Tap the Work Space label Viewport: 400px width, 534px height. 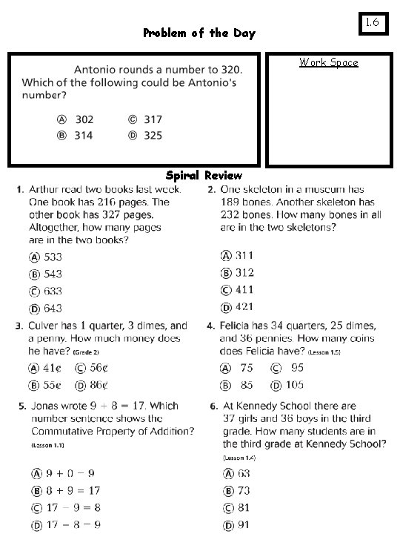328,62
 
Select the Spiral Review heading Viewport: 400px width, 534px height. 204,176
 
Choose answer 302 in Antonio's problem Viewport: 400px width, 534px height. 77,119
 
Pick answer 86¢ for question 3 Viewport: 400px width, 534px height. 92,386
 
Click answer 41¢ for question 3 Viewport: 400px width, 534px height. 45,368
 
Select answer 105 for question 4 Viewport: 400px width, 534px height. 287,385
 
